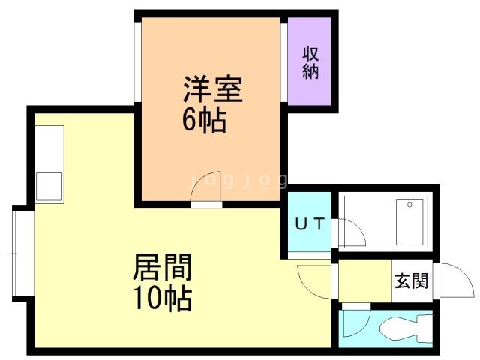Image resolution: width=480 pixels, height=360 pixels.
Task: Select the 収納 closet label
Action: pos(311,62)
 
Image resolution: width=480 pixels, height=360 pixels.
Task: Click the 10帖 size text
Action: pos(163,298)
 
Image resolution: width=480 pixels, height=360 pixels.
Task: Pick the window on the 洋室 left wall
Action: pos(136,60)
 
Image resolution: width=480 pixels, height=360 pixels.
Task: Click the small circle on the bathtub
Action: pos(410,204)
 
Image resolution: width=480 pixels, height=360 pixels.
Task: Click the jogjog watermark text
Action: pos(238,180)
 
